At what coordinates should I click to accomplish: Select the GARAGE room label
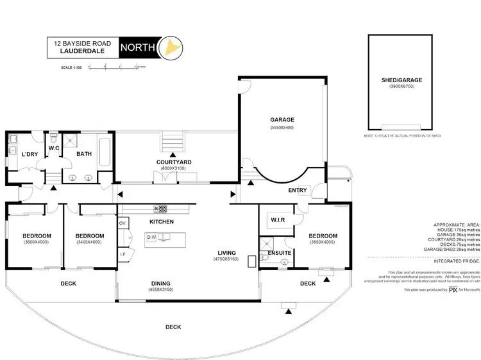click(282, 120)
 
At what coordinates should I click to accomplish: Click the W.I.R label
click(278, 220)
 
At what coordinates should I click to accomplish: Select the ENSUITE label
click(280, 253)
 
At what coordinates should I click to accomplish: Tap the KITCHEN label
click(162, 221)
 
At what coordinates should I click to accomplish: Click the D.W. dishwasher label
click(151, 237)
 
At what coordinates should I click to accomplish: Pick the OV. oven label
click(123, 223)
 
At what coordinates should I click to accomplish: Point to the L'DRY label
click(29, 155)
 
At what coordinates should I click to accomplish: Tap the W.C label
click(54, 148)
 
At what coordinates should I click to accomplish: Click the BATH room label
click(85, 154)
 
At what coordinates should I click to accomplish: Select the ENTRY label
click(298, 191)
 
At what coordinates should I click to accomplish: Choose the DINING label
click(162, 282)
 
